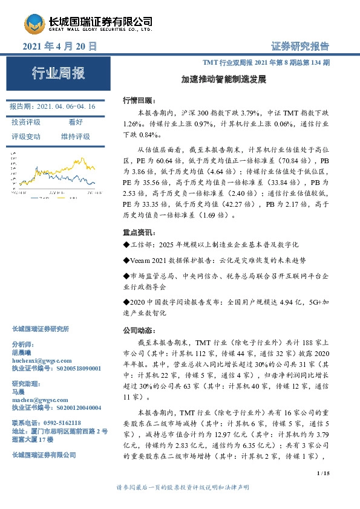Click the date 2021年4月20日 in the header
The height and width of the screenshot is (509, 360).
[60, 46]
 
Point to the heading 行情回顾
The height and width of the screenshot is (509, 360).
[139, 100]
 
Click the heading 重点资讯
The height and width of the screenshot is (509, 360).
[139, 233]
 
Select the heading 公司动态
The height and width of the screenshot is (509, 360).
[139, 331]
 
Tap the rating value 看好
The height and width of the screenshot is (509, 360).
[76, 122]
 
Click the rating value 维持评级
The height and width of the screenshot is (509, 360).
[76, 137]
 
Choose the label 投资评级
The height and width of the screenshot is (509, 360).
[26, 122]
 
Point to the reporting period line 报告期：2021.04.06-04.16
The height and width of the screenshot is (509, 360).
[53, 106]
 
